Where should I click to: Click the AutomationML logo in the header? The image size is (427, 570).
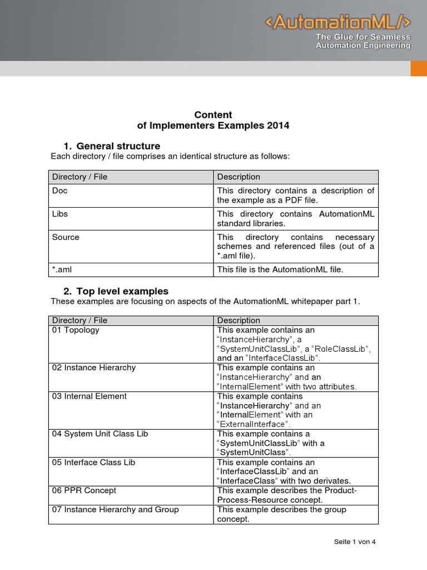337,22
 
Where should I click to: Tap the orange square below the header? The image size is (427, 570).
418,68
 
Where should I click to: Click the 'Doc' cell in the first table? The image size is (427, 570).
60,190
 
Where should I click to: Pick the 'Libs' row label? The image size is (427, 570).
60,214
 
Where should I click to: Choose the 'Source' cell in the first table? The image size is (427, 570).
66,237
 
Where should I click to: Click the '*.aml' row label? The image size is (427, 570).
62,269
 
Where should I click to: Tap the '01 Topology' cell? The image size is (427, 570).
76,330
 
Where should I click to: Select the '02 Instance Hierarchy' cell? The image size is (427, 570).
93,368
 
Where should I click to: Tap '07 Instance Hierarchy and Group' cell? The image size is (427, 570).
115,509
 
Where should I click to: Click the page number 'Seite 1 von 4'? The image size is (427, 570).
355,542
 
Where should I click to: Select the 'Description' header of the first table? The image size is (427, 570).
239,177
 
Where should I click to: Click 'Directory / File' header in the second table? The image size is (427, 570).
80,320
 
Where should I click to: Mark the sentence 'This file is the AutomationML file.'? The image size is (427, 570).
280,269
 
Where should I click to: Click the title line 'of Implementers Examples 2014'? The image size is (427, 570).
213,126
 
